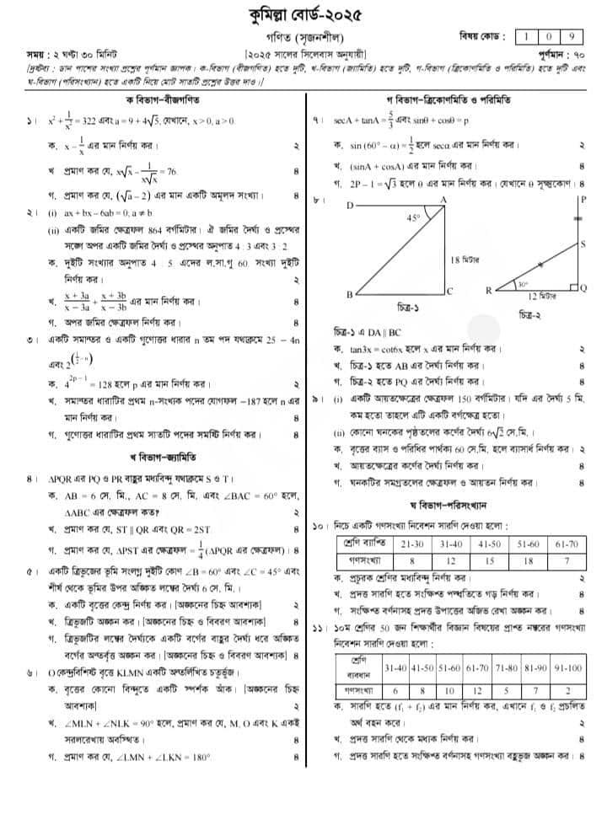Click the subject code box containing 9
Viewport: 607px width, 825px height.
(572, 36)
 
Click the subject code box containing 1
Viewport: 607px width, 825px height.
(526, 36)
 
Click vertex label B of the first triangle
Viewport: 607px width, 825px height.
(349, 294)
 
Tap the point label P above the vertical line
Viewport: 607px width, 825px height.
(582, 199)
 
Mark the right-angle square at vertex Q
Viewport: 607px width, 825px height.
(573, 286)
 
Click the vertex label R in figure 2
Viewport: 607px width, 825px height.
(489, 291)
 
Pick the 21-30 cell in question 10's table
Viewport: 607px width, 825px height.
(412, 545)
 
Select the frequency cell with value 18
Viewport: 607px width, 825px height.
(529, 560)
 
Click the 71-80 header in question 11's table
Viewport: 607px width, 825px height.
(503, 667)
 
